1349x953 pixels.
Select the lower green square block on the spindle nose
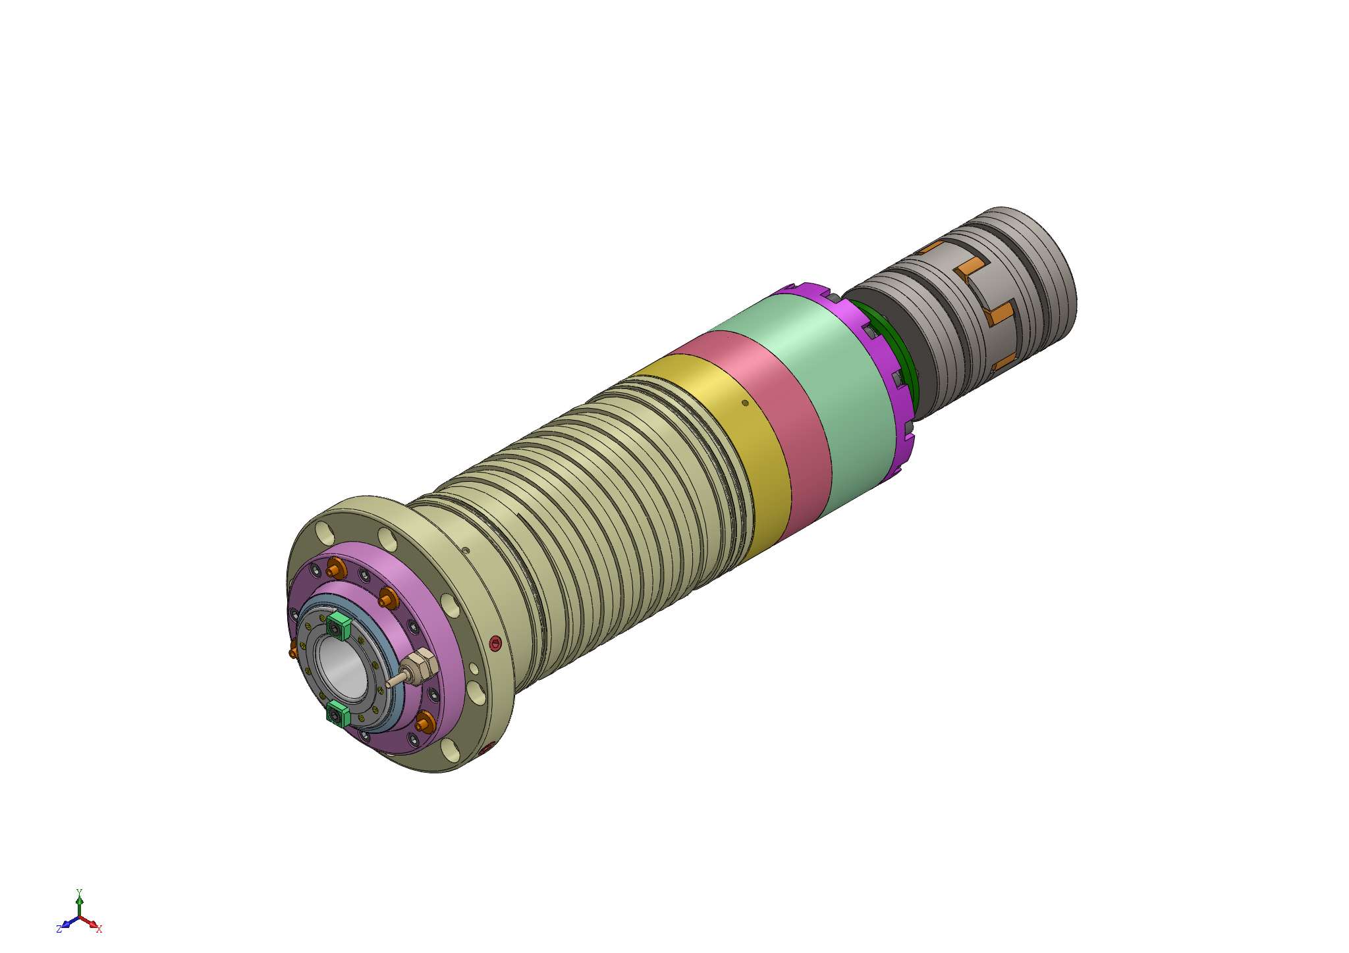337,714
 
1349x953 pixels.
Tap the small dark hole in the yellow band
745,403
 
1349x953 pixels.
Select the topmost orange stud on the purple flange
337,567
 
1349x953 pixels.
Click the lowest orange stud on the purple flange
424,723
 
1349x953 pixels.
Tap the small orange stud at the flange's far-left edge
293,652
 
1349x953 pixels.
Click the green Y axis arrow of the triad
80,899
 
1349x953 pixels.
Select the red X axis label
99,929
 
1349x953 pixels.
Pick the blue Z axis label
59,929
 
